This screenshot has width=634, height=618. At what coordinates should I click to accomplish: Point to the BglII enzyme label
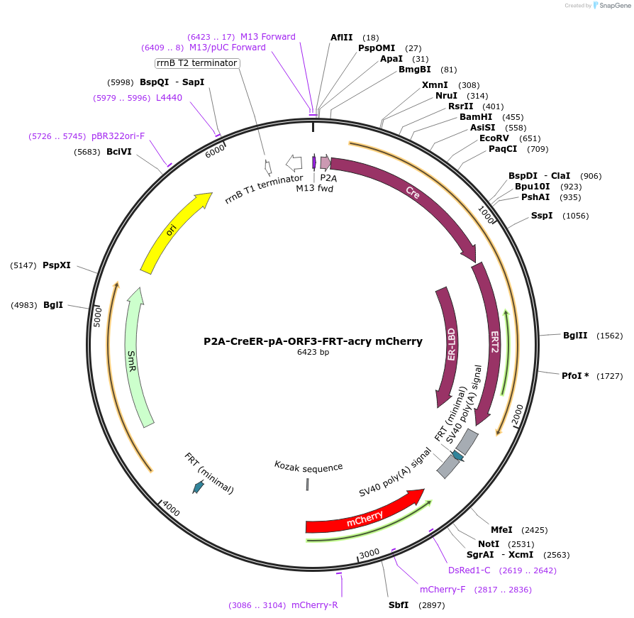[x=575, y=336]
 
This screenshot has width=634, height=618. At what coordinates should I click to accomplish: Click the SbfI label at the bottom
[x=399, y=605]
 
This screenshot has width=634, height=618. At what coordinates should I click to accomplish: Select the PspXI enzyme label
[x=57, y=265]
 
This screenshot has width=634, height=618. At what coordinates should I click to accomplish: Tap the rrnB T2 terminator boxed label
[x=198, y=63]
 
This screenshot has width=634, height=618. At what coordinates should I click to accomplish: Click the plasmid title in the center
[x=313, y=341]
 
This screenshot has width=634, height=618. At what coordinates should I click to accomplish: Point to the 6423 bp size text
[x=313, y=352]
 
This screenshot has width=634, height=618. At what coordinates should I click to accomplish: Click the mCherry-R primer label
[x=314, y=605]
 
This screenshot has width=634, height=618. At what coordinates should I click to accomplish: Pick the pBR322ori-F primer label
[x=118, y=136]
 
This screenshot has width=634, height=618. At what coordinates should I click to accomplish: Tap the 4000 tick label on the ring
[x=171, y=508]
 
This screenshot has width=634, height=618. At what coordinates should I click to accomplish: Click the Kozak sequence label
[x=308, y=466]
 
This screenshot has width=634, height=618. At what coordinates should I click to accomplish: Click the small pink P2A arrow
[x=326, y=162]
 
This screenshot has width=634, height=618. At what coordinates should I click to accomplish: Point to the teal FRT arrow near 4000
[x=199, y=487]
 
